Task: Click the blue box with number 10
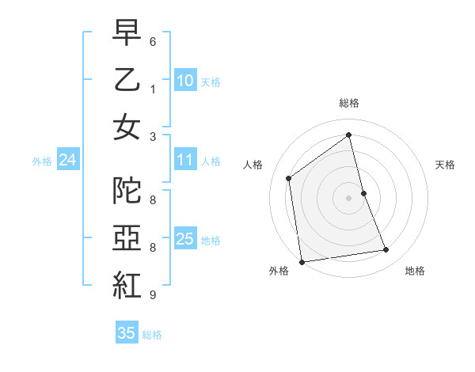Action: point(184,81)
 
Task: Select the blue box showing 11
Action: point(184,161)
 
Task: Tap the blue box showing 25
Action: point(184,240)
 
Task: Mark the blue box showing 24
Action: point(67,161)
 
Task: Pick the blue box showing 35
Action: point(126,333)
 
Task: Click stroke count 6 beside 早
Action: point(153,41)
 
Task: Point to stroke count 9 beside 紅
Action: point(153,295)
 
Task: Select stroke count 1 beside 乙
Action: point(153,89)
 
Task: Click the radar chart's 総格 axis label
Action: point(348,103)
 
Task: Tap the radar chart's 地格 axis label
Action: point(415,271)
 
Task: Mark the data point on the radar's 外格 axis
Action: point(301,262)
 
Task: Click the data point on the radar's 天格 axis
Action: point(363,193)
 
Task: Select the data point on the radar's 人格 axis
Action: point(289,178)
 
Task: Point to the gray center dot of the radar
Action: point(348,198)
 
